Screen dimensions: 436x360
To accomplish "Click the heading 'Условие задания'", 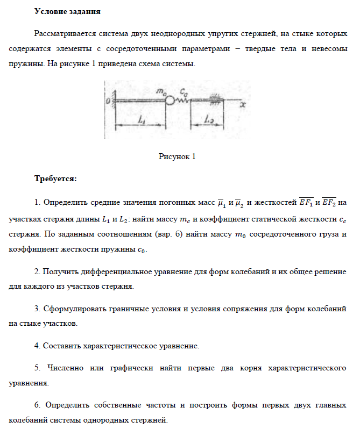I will [x=67, y=11].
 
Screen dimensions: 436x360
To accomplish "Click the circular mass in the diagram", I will [x=170, y=100].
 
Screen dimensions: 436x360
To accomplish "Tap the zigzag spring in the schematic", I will [x=183, y=100].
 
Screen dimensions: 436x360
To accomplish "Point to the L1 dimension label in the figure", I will [x=142, y=121].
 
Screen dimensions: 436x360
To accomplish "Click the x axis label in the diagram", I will [x=243, y=106].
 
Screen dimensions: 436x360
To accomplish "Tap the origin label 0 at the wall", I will [x=108, y=101].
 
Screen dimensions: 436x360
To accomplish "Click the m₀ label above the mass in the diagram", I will [x=161, y=91].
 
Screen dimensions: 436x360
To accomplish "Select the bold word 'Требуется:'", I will [x=55, y=178].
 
